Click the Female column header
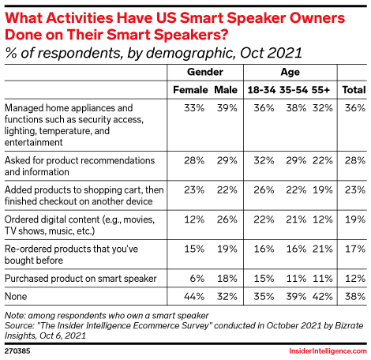coord(190,90)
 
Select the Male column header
coord(226,90)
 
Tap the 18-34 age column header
coord(261,90)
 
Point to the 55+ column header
coord(320,90)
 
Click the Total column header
coord(354,90)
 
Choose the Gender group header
coord(205,72)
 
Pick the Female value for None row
coord(194,297)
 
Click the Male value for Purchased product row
coord(227,279)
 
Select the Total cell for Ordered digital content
coord(355,219)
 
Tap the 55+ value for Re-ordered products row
coord(323,249)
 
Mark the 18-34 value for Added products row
coord(264,190)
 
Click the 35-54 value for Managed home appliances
coord(296,108)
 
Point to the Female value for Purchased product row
coord(197,279)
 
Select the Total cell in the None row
coord(355,297)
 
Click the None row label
coord(16,297)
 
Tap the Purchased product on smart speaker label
coord(81,279)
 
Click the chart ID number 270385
coord(17,351)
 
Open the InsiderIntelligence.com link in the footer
coord(328,351)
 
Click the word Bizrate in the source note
coord(349,326)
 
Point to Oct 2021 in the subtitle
coord(271,53)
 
